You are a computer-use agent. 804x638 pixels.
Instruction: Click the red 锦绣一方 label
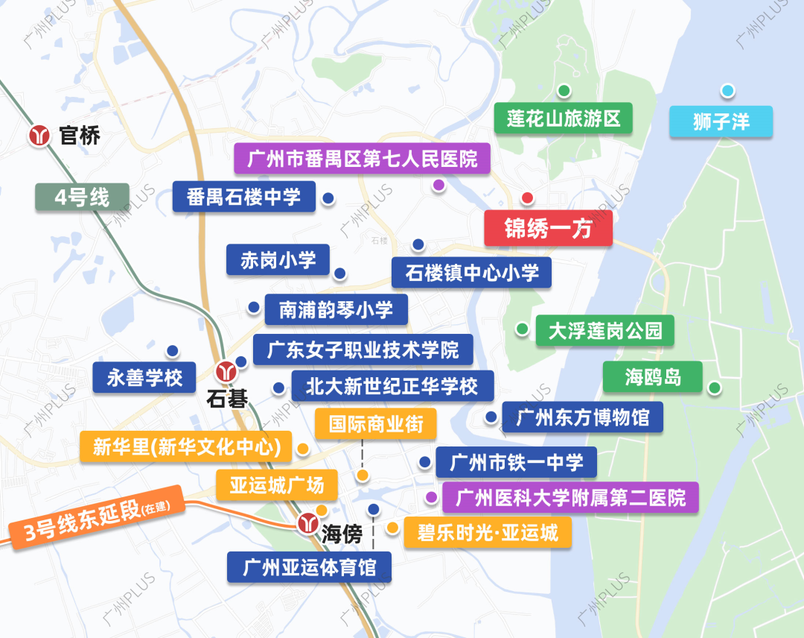coord(548,228)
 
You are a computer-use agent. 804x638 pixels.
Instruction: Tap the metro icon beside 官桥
coord(39,136)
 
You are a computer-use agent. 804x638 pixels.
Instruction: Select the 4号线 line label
coord(82,198)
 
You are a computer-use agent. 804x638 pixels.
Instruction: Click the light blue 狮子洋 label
coord(721,121)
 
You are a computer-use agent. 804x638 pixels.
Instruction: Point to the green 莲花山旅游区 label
coord(564,119)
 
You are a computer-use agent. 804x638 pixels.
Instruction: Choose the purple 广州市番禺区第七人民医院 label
coord(362,159)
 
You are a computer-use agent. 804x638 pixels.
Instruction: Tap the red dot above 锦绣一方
coord(527,198)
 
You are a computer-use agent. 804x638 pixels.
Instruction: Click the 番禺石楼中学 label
coord(244,197)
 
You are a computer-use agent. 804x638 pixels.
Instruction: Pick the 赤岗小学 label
coord(278,260)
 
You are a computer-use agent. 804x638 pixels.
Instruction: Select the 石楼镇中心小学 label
coord(471,273)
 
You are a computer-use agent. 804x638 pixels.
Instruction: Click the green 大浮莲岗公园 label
coord(604,330)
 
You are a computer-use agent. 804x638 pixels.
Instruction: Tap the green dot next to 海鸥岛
coord(714,388)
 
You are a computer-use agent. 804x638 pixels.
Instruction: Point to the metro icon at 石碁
coord(223,370)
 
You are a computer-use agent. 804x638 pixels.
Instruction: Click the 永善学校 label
coord(144,378)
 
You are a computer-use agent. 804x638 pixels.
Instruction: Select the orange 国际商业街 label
coord(375,424)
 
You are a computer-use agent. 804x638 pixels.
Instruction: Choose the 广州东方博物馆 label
coord(582,417)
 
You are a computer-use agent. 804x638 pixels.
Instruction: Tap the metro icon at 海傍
coord(307,523)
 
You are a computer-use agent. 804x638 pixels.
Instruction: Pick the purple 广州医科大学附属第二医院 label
coord(570,497)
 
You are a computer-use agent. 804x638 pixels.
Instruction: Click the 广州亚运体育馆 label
coord(309,568)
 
